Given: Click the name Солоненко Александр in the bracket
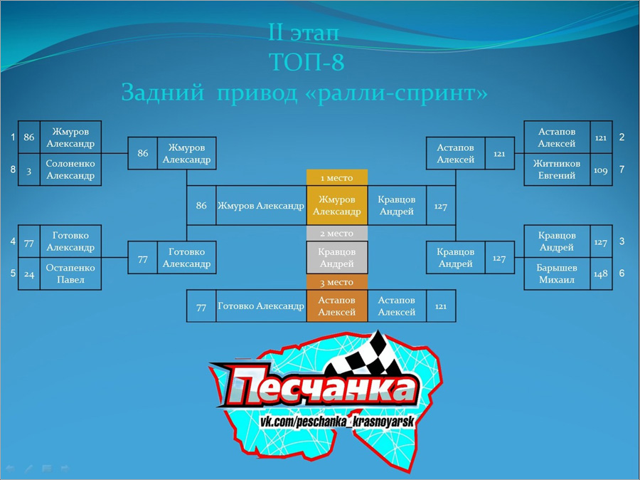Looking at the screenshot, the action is pyautogui.click(x=70, y=169).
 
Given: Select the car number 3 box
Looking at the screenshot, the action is pyautogui.click(x=29, y=169).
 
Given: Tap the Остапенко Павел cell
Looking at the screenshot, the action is pyautogui.click(x=70, y=273).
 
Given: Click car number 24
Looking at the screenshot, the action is pyautogui.click(x=29, y=273).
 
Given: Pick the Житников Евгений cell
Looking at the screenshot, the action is pyautogui.click(x=557, y=169).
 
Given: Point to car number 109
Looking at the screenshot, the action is pyautogui.click(x=601, y=169).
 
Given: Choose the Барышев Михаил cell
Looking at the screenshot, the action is pyautogui.click(x=557, y=273).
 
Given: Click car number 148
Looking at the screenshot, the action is pyautogui.click(x=601, y=273).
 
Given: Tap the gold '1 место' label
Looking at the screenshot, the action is pyautogui.click(x=337, y=177).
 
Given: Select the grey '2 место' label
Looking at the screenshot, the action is pyautogui.click(x=337, y=233).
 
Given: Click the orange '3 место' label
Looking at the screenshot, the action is pyautogui.click(x=337, y=282).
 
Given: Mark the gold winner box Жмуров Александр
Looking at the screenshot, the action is pyautogui.click(x=337, y=205).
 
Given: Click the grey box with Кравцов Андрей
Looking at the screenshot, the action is pyautogui.click(x=337, y=258).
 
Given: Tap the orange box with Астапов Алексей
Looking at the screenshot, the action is pyautogui.click(x=337, y=306).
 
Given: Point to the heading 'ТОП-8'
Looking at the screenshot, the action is pyautogui.click(x=306, y=62).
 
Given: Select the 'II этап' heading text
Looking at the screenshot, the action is pyautogui.click(x=303, y=32).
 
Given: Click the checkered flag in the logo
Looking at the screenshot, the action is pyautogui.click(x=368, y=355).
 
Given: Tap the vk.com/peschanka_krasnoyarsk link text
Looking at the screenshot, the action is pyautogui.click(x=337, y=422).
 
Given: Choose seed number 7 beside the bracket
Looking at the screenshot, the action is pyautogui.click(x=622, y=169).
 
